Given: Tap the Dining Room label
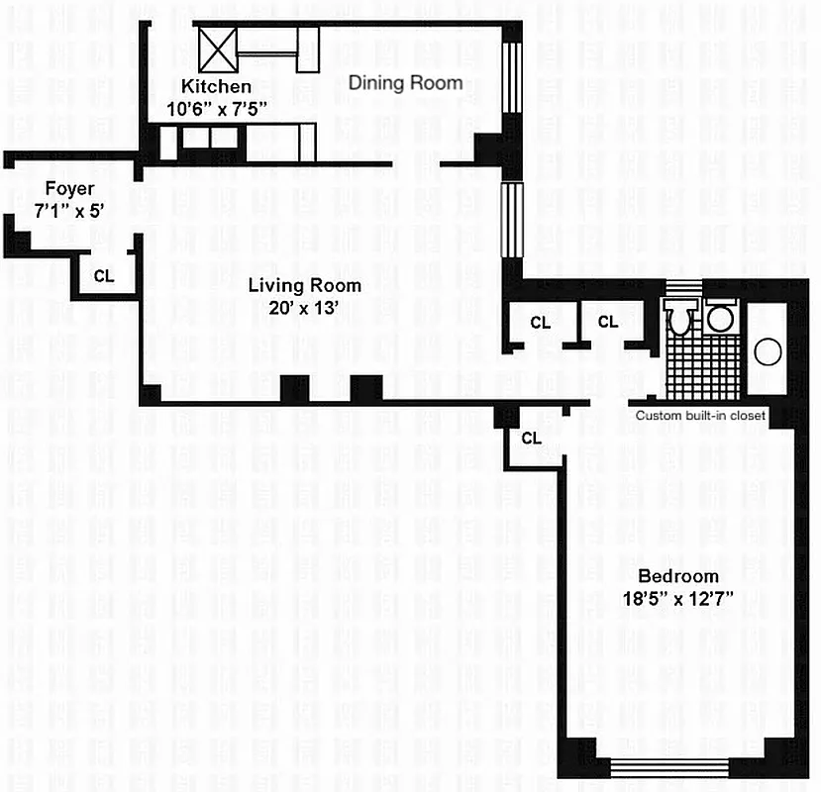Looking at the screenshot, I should pos(405,82).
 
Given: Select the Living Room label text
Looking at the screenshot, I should pos(304,286).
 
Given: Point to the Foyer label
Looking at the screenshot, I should pos(69,188).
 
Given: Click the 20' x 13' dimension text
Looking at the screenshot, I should pos(304,307).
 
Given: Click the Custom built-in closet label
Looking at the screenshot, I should pos(700,416).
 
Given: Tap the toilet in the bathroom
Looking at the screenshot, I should pos(680,319).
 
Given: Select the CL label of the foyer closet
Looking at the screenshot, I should pos(104,276).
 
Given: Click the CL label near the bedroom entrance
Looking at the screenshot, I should pos(531,439).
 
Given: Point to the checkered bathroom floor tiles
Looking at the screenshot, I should pos(701,366).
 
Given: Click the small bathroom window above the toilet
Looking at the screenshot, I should pos(681,288).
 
